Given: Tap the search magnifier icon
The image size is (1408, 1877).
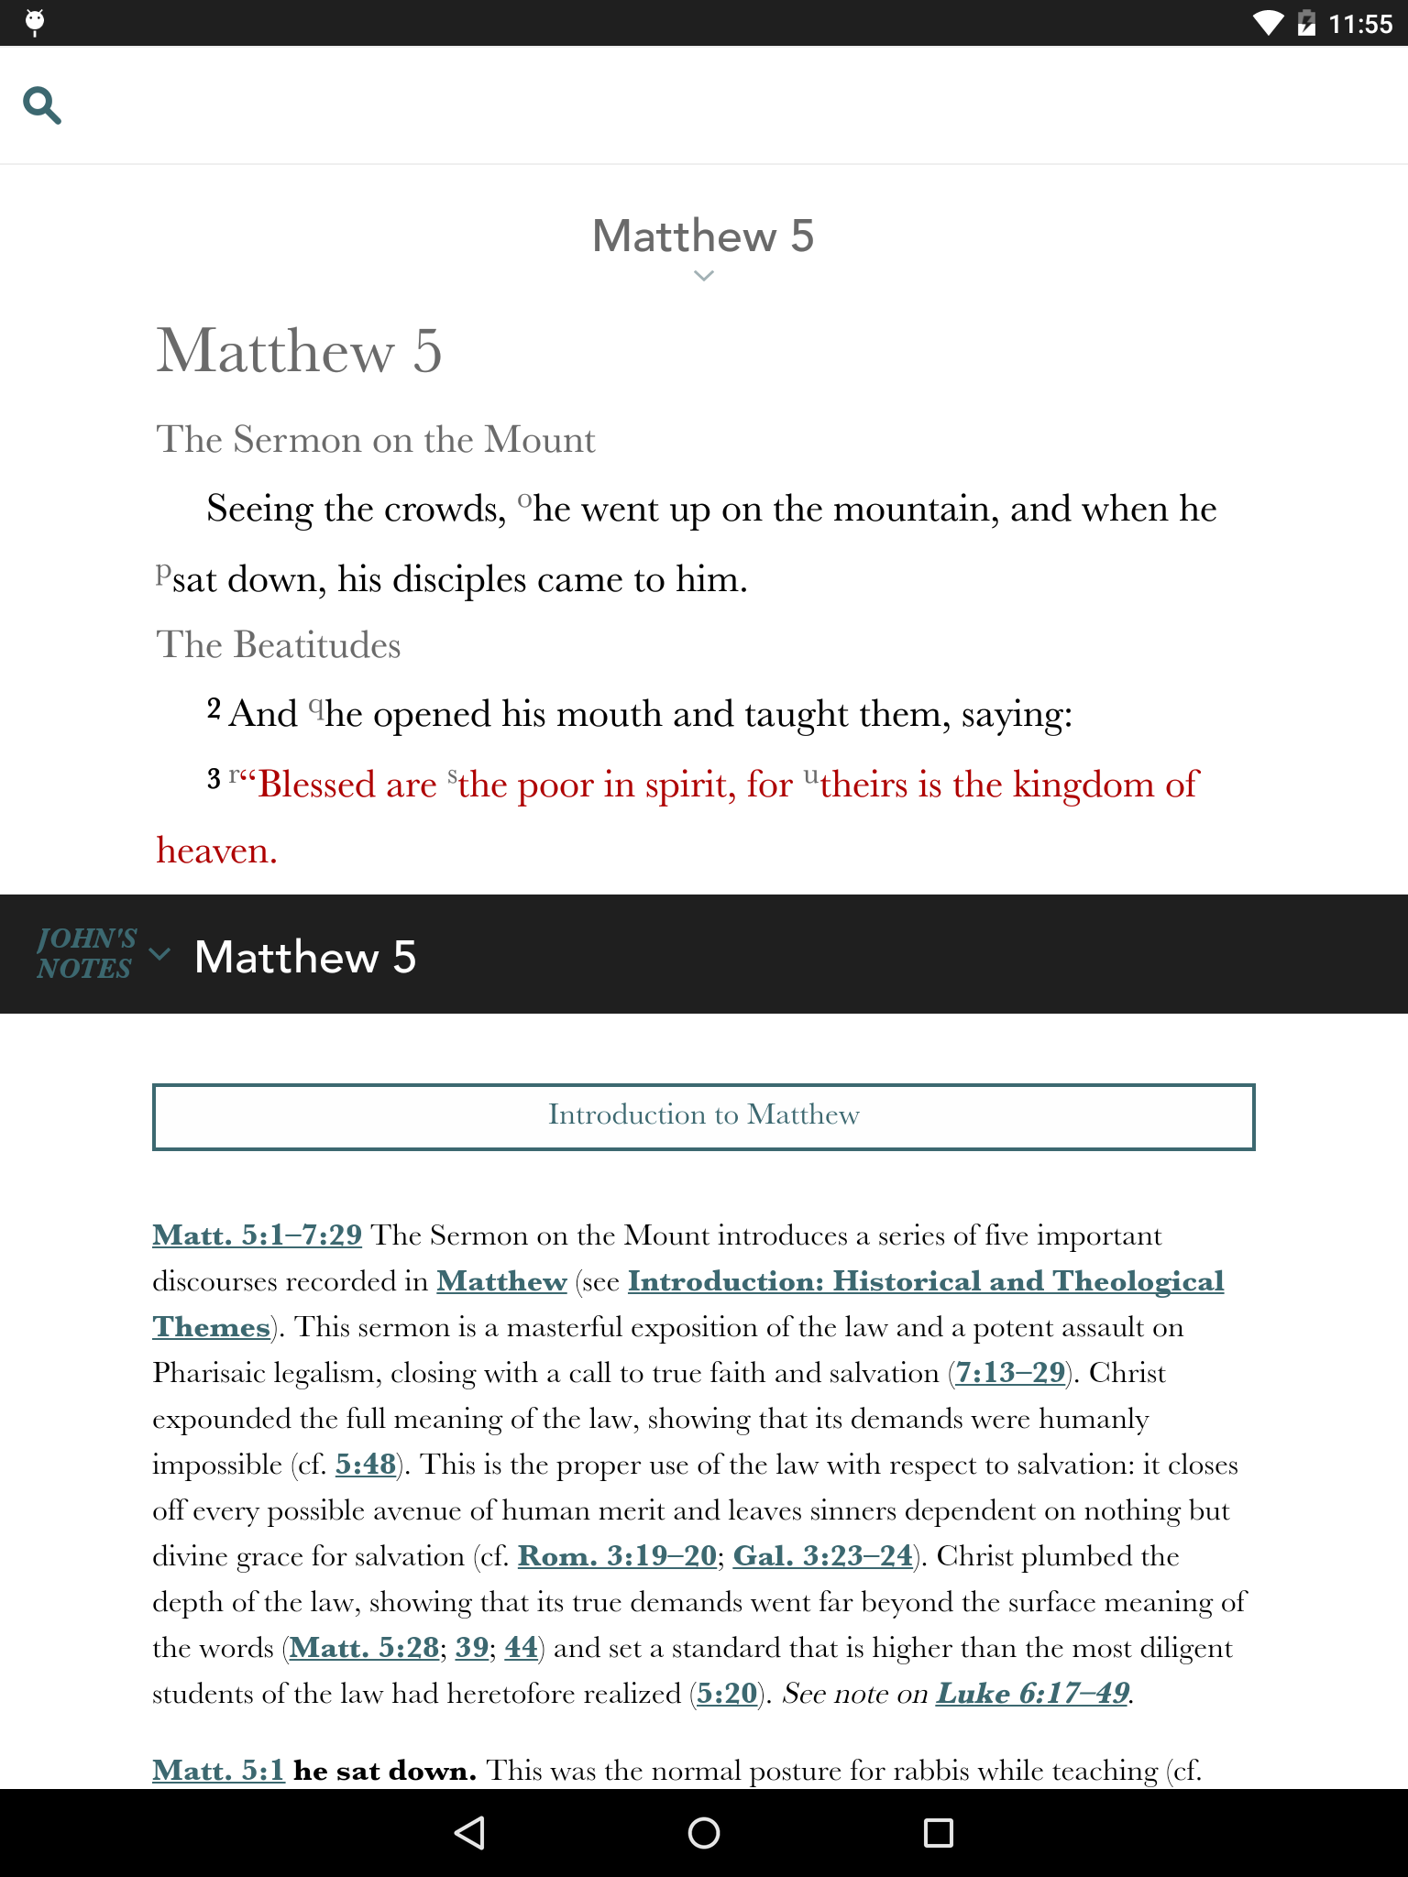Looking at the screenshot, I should (42, 105).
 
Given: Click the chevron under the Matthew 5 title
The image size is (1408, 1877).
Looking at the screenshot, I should (703, 275).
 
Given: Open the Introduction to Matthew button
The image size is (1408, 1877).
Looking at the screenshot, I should (703, 1116).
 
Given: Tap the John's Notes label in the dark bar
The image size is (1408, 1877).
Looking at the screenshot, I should (86, 954).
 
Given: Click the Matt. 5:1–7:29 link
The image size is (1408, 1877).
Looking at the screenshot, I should (258, 1235).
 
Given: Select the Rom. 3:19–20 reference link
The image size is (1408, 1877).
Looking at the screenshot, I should (617, 1556).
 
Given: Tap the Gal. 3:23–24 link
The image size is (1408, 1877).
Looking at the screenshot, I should (823, 1556).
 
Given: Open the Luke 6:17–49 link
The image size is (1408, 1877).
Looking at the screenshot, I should (1032, 1694).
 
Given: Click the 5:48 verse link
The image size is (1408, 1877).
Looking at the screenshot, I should (366, 1465).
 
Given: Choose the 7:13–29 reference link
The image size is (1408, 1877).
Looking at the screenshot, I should (1010, 1373).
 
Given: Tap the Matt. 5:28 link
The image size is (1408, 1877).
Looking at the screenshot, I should (364, 1648).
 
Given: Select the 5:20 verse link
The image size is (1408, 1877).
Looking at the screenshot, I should (728, 1694).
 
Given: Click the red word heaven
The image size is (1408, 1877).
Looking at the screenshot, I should (216, 851).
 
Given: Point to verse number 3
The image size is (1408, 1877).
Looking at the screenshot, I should (214, 780).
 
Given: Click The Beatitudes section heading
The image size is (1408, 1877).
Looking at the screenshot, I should (279, 645).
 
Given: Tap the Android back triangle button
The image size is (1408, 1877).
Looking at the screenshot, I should (469, 1833).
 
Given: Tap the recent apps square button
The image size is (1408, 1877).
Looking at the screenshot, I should (938, 1833).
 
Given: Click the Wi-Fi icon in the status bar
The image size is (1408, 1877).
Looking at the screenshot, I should (1269, 23).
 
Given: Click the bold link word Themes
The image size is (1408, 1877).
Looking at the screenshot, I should (212, 1327).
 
